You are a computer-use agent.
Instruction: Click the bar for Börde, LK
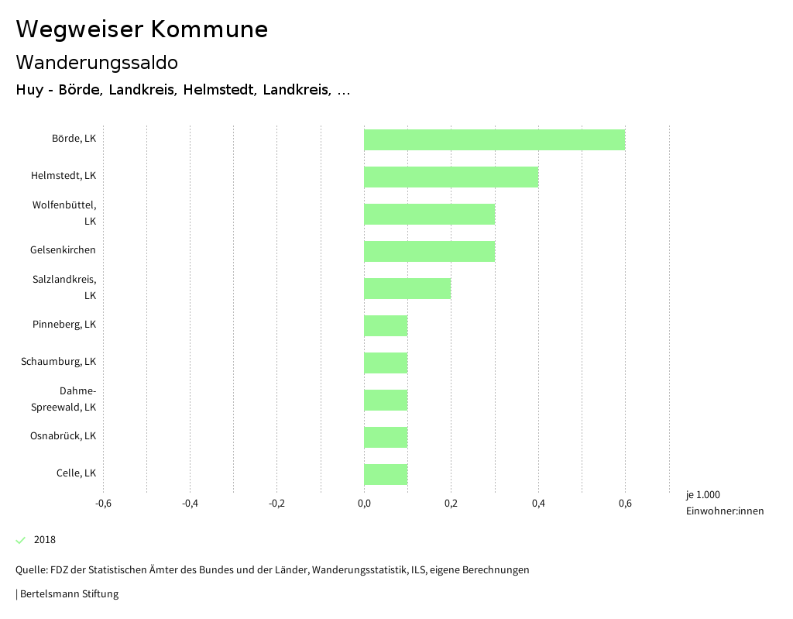click(494, 139)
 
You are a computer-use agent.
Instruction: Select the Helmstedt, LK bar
click(451, 177)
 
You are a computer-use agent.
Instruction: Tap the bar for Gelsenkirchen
click(429, 251)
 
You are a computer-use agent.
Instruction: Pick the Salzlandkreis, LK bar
click(407, 288)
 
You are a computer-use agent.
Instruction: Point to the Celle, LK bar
click(386, 474)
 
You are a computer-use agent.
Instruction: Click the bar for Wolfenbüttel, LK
click(429, 214)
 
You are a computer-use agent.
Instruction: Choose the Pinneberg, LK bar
click(386, 325)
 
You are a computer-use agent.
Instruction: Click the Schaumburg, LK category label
click(59, 362)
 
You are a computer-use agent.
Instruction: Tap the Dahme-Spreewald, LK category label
click(64, 399)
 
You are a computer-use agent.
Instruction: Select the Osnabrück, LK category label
click(63, 436)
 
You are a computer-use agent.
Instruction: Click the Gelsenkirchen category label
click(63, 250)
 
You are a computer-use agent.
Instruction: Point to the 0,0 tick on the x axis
click(364, 504)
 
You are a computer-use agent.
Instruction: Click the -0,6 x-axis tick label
click(103, 504)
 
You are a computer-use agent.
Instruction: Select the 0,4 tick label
click(538, 504)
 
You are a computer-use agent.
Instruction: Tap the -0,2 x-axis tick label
click(276, 504)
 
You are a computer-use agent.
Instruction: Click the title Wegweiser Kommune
click(142, 29)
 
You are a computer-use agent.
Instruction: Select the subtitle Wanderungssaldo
click(97, 62)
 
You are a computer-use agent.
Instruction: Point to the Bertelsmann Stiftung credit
click(68, 594)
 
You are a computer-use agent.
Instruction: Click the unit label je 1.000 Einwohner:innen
click(724, 503)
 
